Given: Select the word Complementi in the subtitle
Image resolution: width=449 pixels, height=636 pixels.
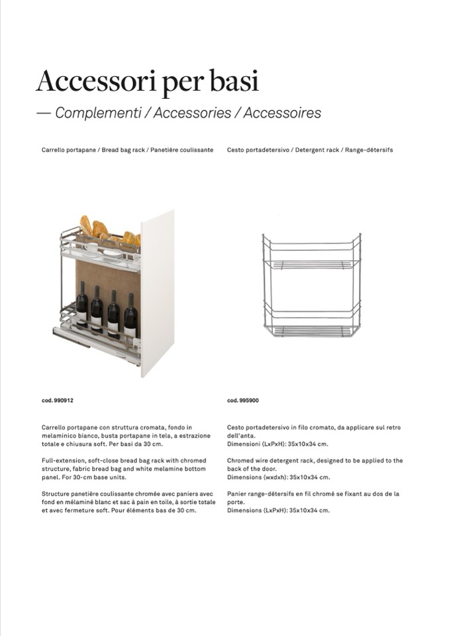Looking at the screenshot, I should tap(98, 113).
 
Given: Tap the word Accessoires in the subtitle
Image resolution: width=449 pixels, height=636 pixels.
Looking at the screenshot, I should tap(282, 113).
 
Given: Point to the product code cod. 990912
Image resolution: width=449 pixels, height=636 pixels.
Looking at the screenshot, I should tap(58, 401).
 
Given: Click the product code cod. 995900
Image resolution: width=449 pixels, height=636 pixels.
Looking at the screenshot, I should tap(243, 401).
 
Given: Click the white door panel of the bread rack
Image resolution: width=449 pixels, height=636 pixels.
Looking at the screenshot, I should tap(158, 292).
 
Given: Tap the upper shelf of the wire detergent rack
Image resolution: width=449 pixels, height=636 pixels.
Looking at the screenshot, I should tap(311, 263).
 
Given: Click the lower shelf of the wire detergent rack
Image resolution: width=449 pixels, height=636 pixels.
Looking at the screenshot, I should tap(311, 330).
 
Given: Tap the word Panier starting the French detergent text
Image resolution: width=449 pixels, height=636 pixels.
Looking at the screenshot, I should tap(236, 494).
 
